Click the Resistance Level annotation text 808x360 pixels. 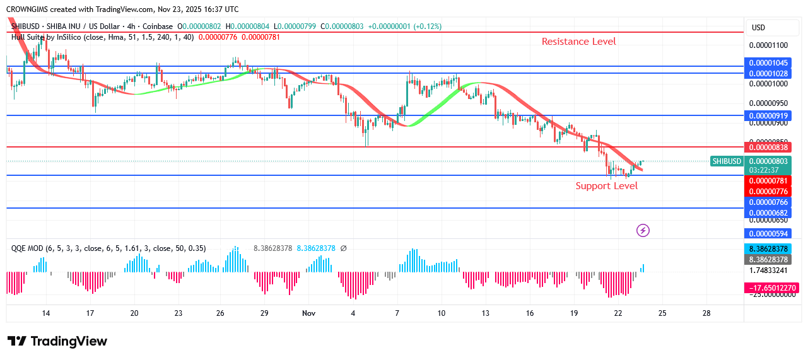pos(578,42)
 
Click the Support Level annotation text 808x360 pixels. pos(606,186)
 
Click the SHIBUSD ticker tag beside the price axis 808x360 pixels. pos(726,161)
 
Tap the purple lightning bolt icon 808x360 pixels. pos(643,231)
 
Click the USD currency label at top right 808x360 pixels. pos(758,28)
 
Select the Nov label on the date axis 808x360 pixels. pos(308,313)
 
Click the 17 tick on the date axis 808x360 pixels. pos(90,313)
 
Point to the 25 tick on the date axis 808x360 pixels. pos(662,313)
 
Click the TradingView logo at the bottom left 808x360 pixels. pos(57,341)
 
